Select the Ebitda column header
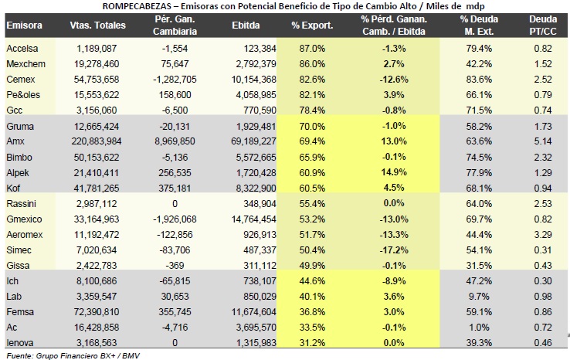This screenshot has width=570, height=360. [x=246, y=25]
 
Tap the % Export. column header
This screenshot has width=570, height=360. [x=312, y=25]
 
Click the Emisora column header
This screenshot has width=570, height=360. [x=25, y=25]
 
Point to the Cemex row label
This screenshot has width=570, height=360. [x=21, y=80]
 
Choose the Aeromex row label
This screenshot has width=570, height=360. [x=25, y=235]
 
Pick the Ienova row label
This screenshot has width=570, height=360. [x=20, y=342]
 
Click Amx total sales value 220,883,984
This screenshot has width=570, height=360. [x=97, y=141]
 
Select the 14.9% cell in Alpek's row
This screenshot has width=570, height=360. [x=394, y=172]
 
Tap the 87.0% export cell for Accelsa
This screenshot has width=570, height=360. [x=312, y=49]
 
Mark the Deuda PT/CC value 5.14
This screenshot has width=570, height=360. [x=543, y=141]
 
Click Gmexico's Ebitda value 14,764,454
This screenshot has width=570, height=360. [x=254, y=219]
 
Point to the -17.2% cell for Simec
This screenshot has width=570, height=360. [x=394, y=250]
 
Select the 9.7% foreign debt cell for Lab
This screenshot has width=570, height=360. [x=479, y=297]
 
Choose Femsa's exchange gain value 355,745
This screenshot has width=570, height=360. [x=175, y=312]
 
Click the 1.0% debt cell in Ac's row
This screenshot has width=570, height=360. [x=479, y=328]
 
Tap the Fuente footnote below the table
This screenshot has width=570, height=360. [x=73, y=355]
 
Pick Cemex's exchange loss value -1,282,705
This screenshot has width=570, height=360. [x=175, y=80]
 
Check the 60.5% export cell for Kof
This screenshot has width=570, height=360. [x=312, y=188]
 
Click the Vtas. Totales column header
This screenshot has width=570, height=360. [x=98, y=25]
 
